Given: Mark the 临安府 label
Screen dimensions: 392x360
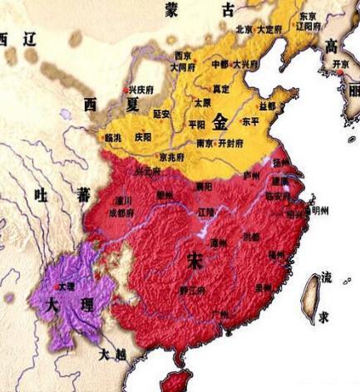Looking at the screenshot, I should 277,196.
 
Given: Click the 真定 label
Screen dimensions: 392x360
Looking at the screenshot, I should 221,86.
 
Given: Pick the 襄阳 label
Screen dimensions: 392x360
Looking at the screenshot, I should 203,187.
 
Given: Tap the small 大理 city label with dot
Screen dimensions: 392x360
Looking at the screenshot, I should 67,286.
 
